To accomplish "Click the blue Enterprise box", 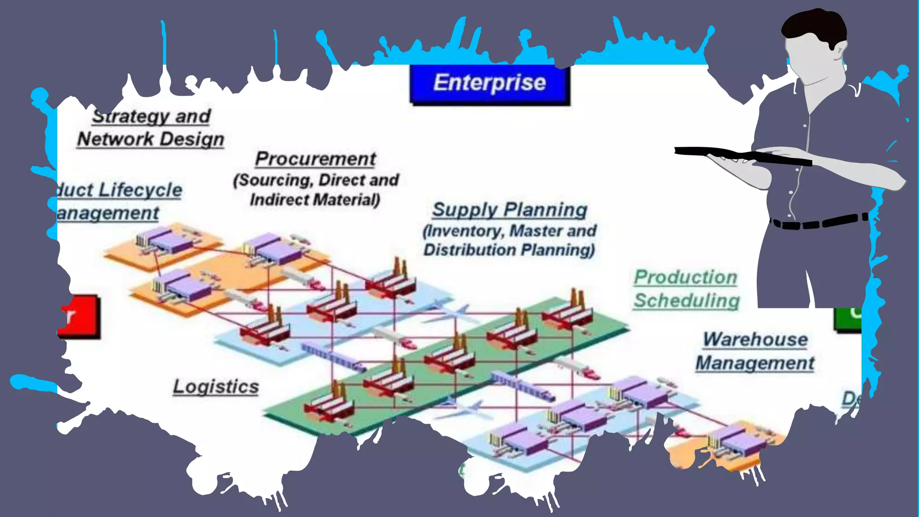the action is [490, 84].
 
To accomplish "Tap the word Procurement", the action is [315, 159].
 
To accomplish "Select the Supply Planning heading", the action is [509, 210].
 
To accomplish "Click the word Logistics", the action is [216, 386].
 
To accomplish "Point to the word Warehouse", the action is [755, 339].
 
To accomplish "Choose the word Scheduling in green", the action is [687, 301].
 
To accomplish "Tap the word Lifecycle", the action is [140, 190].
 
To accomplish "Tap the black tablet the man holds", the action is [740, 155].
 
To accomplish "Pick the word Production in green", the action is [685, 277].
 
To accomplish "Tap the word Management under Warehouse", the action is [755, 363].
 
